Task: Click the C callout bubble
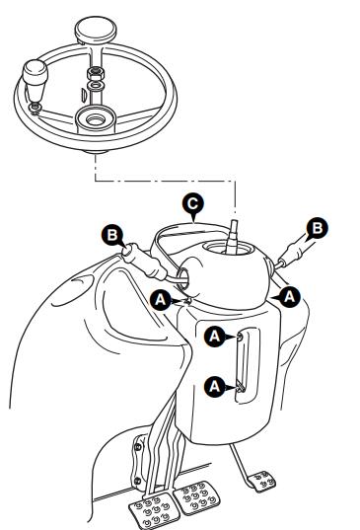pos(193,204)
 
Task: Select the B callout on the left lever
pos(112,235)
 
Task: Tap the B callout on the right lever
pos(318,228)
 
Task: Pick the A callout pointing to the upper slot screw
pos(215,337)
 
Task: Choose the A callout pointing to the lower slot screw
pos(215,386)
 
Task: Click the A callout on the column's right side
pos(289,297)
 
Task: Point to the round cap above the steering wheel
pos(96,29)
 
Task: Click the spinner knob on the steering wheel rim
pos(35,81)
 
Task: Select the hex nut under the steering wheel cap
pos(96,73)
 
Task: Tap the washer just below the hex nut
pos(96,86)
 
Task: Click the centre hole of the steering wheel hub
pos(96,120)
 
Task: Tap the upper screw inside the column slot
pos(240,338)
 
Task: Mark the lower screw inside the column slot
pos(241,387)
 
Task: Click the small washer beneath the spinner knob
pos(35,108)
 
